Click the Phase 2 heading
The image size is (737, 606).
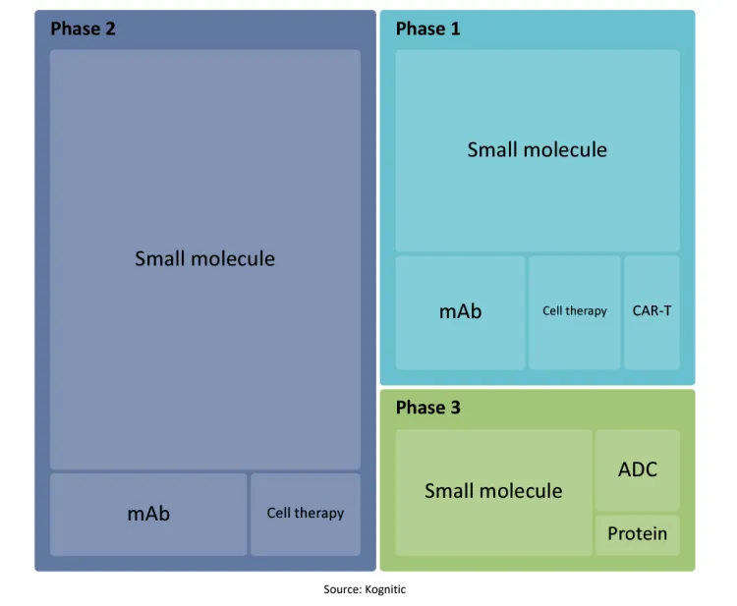(83, 28)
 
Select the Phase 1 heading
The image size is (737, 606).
(427, 28)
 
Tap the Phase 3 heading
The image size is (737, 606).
(427, 408)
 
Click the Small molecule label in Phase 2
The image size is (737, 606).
(205, 258)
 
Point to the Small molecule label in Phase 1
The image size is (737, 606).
(538, 149)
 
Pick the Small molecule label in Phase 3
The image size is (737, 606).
(493, 490)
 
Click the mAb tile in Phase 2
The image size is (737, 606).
(148, 515)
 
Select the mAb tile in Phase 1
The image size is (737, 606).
(460, 312)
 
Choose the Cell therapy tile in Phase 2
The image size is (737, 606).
(306, 515)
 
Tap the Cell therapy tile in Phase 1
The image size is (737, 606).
(575, 312)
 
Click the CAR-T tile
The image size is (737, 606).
(652, 312)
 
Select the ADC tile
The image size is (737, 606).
(638, 470)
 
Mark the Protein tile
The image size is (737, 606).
(638, 535)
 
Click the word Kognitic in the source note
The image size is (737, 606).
(385, 589)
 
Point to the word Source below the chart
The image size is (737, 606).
(342, 589)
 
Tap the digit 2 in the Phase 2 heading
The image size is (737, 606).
(110, 28)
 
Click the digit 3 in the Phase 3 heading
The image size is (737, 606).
(455, 408)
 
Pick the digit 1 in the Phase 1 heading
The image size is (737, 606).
(455, 28)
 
